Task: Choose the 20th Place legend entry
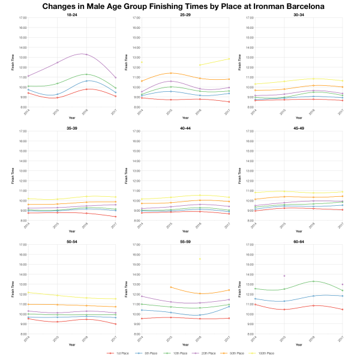206,353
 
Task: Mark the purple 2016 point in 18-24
86,55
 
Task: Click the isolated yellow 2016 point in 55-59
199,259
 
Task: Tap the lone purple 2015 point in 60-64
284,276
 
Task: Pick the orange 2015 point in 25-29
171,73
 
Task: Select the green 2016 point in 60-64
313,281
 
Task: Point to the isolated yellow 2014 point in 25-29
142,62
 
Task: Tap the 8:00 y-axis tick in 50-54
23,334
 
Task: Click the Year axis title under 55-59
185,344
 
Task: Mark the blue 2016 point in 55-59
199,315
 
